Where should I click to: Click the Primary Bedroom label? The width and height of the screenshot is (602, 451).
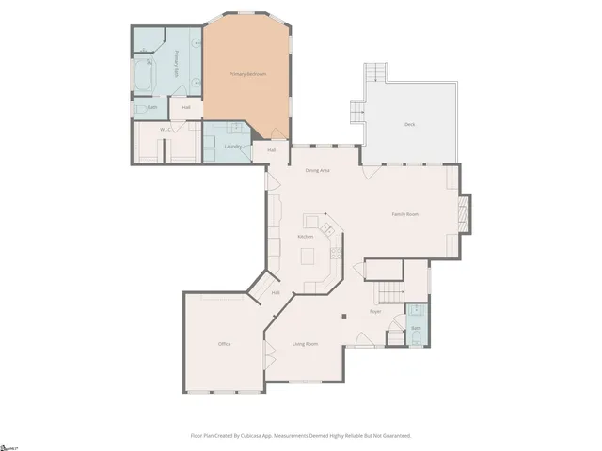tap(249, 73)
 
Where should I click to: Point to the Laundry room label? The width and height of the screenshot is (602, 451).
tap(232, 146)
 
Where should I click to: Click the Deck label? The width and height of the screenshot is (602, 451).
tap(409, 124)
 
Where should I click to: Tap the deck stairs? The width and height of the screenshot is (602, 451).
tap(376, 73)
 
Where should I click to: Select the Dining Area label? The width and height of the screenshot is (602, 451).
tap(317, 170)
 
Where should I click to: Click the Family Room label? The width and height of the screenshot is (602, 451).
tap(405, 214)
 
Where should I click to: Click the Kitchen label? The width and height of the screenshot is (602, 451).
tap(306, 236)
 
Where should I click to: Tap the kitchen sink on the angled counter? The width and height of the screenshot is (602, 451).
tap(328, 226)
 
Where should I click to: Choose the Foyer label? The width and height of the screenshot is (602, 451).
tap(374, 311)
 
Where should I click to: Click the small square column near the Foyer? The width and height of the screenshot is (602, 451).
tap(344, 315)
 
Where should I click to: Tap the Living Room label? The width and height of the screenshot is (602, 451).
tap(305, 344)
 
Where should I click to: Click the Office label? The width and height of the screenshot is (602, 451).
tap(224, 344)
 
